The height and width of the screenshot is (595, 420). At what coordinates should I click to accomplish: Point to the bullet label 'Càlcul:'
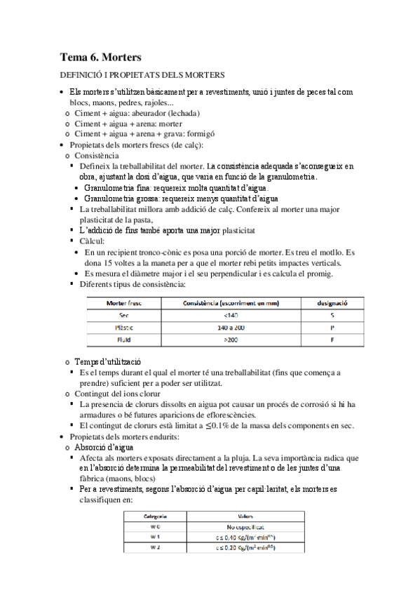coord(93,241)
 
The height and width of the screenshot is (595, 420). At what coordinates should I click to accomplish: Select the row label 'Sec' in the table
coord(124,315)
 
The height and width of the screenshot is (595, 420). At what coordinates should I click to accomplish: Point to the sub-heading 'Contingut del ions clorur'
coord(121,394)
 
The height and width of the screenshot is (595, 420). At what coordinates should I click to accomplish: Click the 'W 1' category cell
coord(155,537)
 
